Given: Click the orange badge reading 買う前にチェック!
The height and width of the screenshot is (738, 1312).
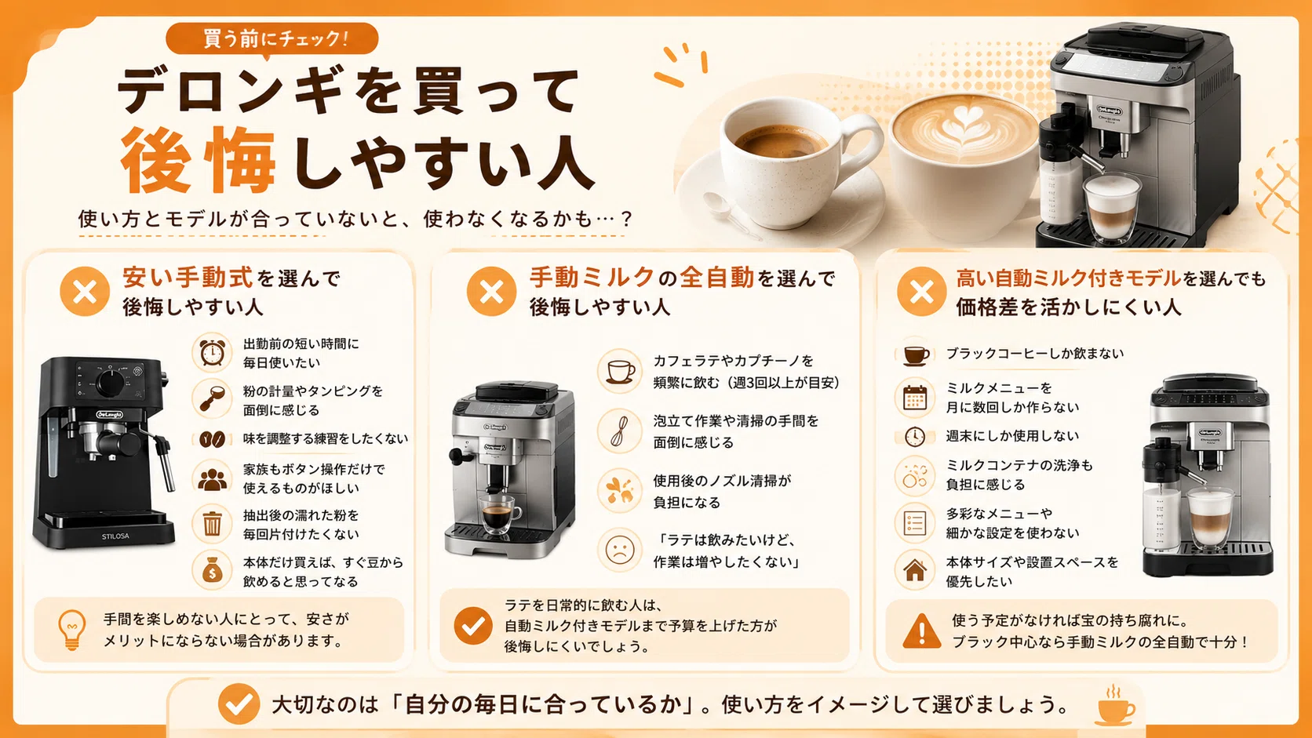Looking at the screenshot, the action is pos(272,39).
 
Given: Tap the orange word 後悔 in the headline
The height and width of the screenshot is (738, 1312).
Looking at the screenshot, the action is pos(199,160).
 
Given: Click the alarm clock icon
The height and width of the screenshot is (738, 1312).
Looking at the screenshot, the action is pos(212,352).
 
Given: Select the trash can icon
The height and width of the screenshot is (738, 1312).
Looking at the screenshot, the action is pos(212,524).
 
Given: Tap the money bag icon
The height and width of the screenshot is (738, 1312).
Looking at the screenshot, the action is pos(212,570).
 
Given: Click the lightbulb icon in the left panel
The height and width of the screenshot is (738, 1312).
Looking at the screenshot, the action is pos(72,630).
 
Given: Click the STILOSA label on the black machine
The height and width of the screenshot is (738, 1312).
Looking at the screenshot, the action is pos(115,536).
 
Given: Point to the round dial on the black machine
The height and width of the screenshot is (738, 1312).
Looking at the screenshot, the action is pos(110,383).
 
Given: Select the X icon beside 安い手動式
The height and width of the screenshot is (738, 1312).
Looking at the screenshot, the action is pos(85,292).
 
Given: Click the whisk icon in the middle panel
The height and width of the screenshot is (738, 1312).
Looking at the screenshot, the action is pos(619,431).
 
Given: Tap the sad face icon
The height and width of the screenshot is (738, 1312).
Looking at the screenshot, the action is pos(620,550).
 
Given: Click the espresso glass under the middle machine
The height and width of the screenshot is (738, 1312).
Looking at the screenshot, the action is pos(497,514).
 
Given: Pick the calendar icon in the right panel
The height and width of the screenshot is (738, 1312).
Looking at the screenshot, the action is pos(915,398).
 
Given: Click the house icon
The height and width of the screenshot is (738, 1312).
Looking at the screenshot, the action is pos(915,570).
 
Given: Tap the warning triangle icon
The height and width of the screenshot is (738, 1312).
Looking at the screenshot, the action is pos(922,631).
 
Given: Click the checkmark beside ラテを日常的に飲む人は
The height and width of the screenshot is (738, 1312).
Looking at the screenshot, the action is pos(472,626).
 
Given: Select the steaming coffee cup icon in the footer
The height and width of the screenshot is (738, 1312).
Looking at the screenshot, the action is pos(1114,705).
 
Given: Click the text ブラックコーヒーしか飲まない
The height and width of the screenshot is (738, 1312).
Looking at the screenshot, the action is pos(1035,354).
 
